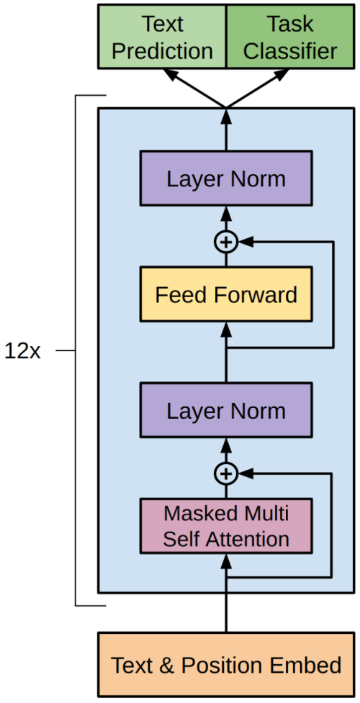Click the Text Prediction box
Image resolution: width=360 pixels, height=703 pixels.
(162, 37)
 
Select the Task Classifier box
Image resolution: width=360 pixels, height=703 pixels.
(289, 37)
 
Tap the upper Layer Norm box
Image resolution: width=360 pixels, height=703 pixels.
(226, 179)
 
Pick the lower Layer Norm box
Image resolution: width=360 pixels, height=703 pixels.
(226, 410)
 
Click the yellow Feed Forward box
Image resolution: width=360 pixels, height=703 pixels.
(226, 294)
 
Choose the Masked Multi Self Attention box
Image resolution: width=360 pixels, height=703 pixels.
(226, 526)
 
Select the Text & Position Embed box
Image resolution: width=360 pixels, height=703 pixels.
(226, 665)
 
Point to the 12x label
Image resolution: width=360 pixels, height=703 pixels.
(22, 351)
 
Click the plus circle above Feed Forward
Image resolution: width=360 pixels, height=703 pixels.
(226, 242)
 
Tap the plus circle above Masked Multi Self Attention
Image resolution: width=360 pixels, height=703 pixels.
(226, 473)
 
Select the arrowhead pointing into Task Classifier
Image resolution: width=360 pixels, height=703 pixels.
(282, 76)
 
